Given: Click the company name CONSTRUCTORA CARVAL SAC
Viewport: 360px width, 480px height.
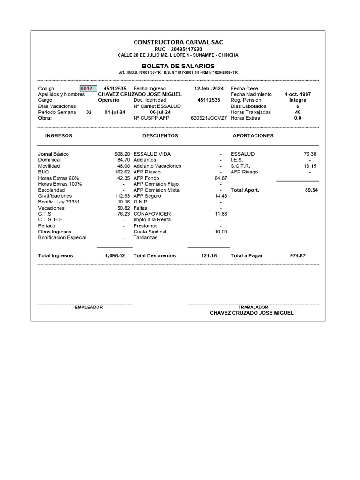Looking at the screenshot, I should [178, 42].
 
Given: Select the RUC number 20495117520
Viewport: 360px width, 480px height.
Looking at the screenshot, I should [187, 49].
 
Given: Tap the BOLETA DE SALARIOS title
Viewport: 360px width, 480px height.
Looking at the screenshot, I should [178, 66].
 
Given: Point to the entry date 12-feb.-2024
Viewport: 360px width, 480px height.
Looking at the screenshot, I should [209, 89].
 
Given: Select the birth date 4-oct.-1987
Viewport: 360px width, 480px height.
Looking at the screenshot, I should [297, 94].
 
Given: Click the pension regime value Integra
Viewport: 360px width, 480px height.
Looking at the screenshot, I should [298, 100].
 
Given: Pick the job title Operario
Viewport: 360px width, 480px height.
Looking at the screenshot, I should [108, 100].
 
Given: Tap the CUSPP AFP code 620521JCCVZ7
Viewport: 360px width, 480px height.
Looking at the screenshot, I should [209, 118].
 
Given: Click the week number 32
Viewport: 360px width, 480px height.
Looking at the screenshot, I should [89, 112].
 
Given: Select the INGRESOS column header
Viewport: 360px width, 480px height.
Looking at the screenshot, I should [59, 135].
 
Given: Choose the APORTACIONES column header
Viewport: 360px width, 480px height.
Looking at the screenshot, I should [253, 135].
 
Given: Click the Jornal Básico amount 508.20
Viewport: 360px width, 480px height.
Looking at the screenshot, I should [122, 154].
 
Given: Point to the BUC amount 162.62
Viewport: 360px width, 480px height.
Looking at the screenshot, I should [122, 172].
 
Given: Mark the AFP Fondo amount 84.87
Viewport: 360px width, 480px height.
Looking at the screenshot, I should [221, 178].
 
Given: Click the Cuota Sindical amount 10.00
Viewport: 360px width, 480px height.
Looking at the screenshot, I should [221, 232].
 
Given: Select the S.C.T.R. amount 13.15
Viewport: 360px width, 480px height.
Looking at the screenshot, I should [310, 166].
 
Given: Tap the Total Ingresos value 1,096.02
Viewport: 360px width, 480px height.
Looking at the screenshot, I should [115, 256].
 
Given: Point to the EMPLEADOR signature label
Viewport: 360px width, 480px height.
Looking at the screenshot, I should [89, 307].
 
